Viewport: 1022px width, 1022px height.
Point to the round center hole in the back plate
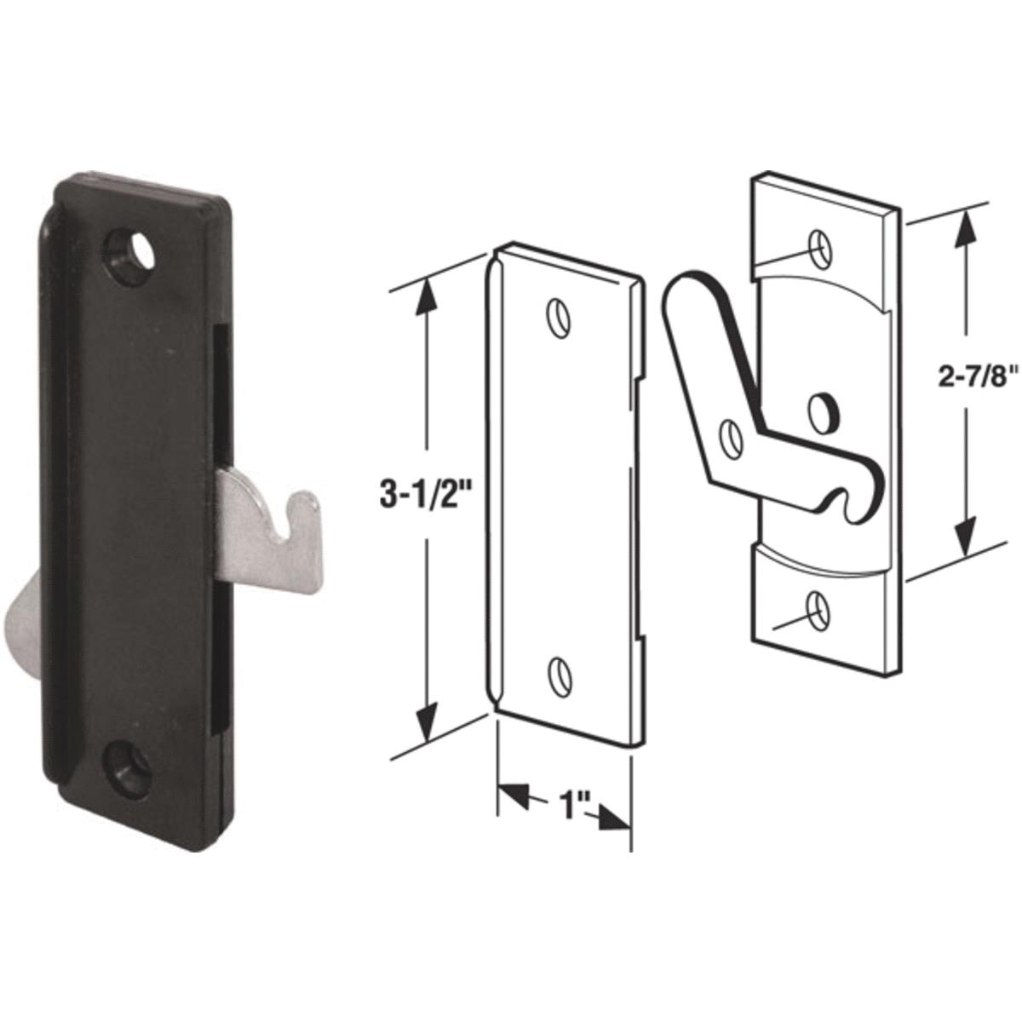[x=822, y=410]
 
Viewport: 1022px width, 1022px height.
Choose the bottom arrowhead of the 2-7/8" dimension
[x=965, y=545]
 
